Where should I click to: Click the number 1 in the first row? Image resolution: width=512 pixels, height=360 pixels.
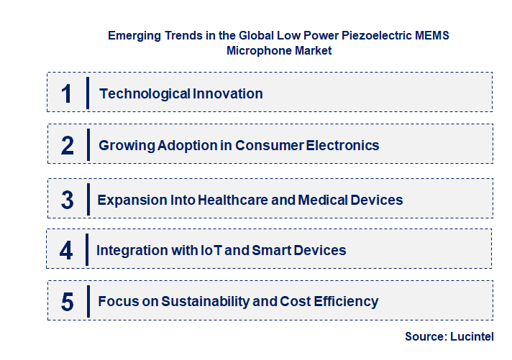[x=67, y=93]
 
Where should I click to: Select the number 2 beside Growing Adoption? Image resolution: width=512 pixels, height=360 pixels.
[x=68, y=145]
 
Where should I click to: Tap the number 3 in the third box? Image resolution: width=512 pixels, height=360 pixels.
[x=68, y=200]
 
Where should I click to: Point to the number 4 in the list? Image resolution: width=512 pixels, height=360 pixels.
[x=66, y=250]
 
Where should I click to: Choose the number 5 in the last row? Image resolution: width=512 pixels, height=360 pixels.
[x=68, y=302]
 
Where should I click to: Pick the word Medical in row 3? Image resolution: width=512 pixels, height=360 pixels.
[x=317, y=200]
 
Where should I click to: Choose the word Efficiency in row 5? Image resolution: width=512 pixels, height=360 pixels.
[x=344, y=302]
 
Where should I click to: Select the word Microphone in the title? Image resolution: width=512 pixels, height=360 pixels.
[x=255, y=51]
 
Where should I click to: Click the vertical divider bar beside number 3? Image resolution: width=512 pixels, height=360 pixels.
[x=87, y=198]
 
